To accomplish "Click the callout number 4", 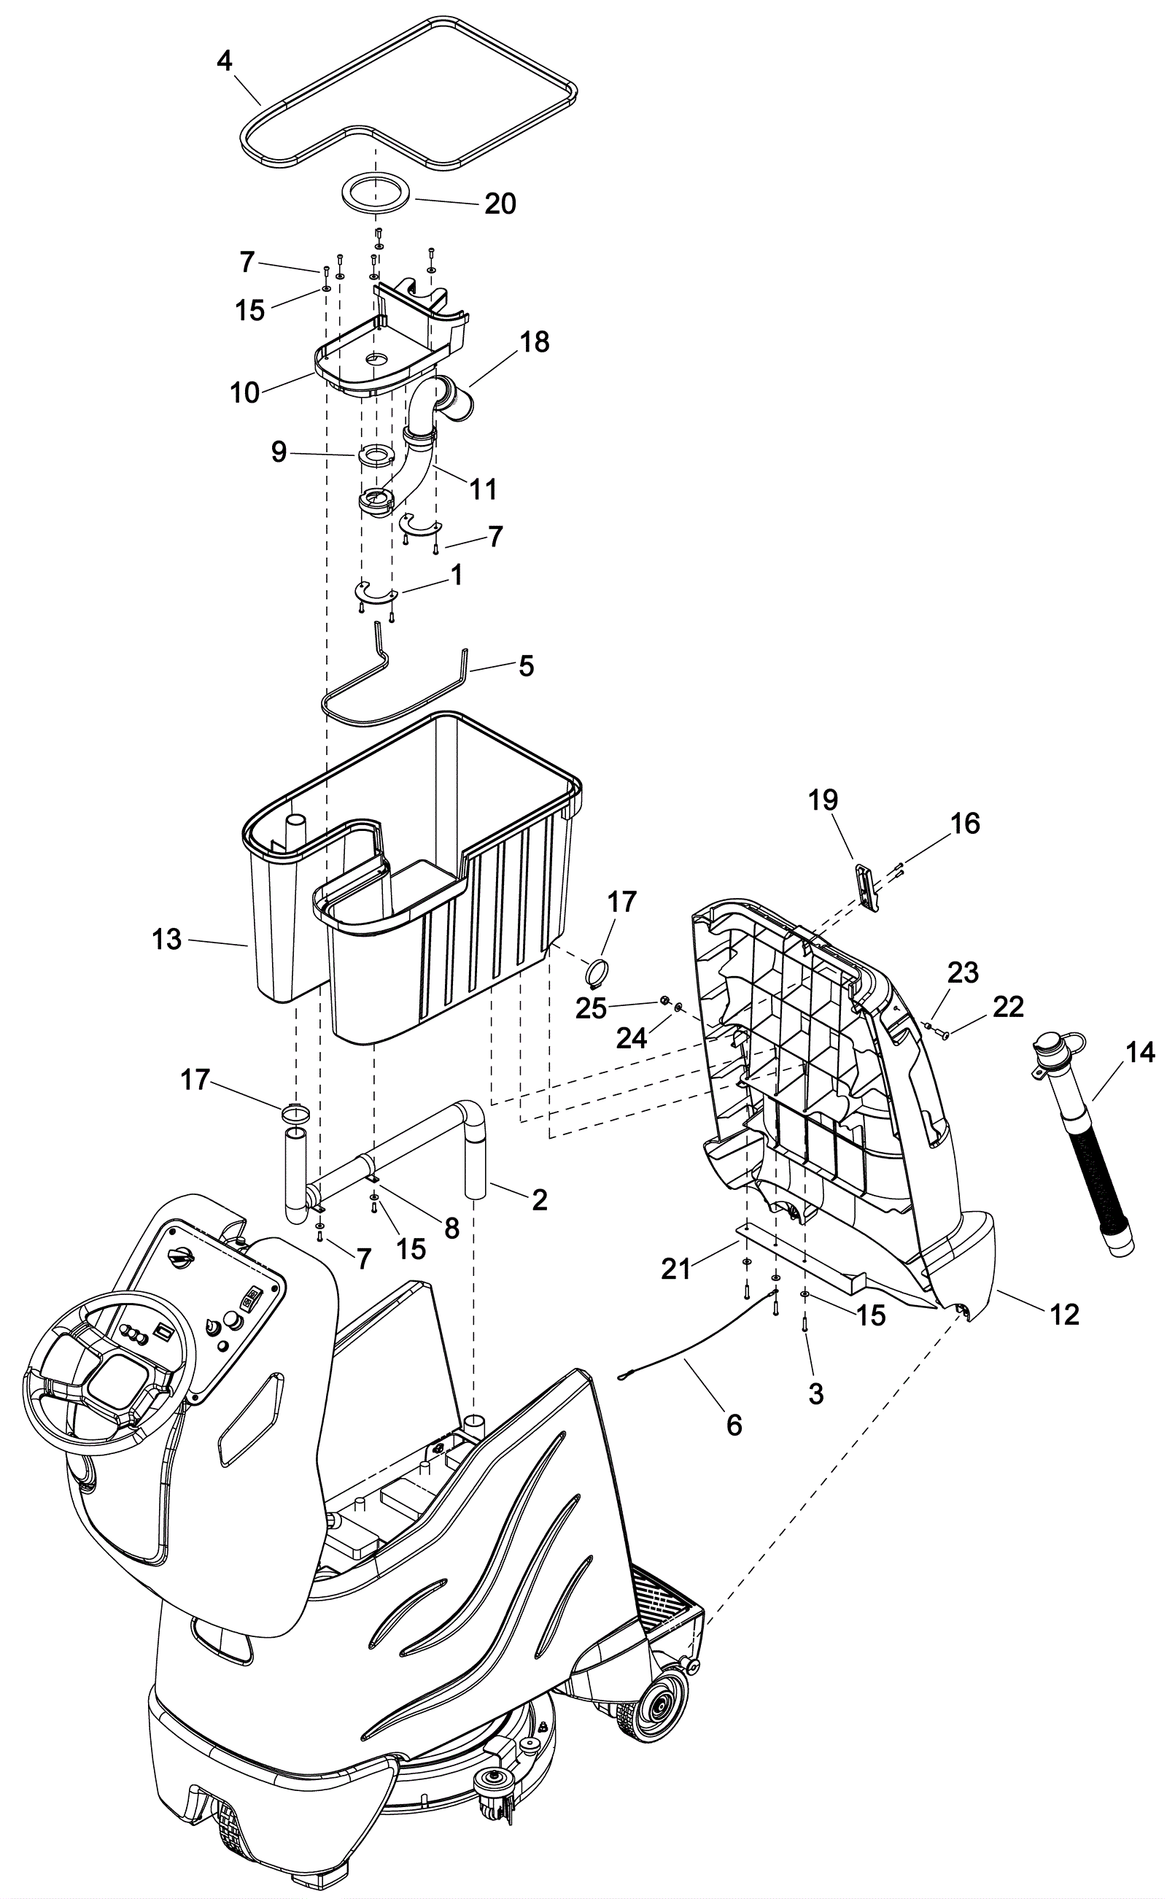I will coord(225,61).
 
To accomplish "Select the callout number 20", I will coord(500,204).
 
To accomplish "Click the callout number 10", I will coord(244,393).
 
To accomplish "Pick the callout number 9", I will coord(279,452).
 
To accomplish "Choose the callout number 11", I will coord(483,489).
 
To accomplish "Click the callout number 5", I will coord(526,666).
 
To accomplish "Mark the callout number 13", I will coord(167,940).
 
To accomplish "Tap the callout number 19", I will coord(823,800).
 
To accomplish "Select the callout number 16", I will coord(965,824).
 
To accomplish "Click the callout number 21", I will coord(676,1269).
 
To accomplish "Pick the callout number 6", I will coord(734,1424).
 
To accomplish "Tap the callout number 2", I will coord(540,1199).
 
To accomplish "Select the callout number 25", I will coord(592,1009).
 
